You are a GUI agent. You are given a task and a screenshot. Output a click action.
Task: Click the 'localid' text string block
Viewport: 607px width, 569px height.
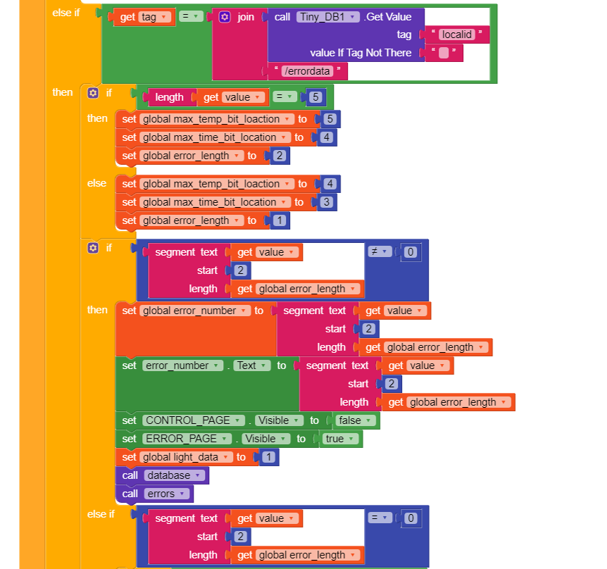pyautogui.click(x=458, y=34)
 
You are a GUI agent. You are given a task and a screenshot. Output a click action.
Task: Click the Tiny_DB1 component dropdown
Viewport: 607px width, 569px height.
pyautogui.click(x=328, y=16)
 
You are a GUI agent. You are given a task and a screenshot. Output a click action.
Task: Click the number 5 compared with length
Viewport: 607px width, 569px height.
pyautogui.click(x=315, y=97)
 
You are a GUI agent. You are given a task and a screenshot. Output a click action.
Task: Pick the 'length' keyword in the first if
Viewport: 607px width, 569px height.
pyautogui.click(x=169, y=97)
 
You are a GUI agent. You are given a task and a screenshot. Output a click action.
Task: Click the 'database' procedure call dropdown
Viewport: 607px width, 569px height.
pyautogui.click(x=173, y=475)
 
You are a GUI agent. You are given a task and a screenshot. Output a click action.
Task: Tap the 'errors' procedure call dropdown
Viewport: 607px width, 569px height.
pyautogui.click(x=165, y=494)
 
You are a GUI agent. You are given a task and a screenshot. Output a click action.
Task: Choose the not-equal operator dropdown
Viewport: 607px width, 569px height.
pyautogui.click(x=380, y=251)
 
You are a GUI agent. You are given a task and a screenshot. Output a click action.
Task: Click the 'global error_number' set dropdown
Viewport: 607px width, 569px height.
pyautogui.click(x=195, y=311)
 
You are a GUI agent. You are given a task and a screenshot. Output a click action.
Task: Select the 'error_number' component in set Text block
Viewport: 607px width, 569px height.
pyautogui.click(x=182, y=365)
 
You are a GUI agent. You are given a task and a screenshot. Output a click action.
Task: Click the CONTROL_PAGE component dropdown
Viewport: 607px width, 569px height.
pyautogui.click(x=194, y=420)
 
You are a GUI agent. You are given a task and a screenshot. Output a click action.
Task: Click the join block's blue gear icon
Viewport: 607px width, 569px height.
pyautogui.click(x=225, y=16)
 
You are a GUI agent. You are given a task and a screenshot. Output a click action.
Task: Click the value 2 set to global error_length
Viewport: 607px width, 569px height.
pyautogui.click(x=280, y=156)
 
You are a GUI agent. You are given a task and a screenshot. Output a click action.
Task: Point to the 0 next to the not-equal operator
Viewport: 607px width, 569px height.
pyautogui.click(x=411, y=252)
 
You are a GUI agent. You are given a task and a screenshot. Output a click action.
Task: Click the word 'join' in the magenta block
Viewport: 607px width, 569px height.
pyautogui.click(x=246, y=16)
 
